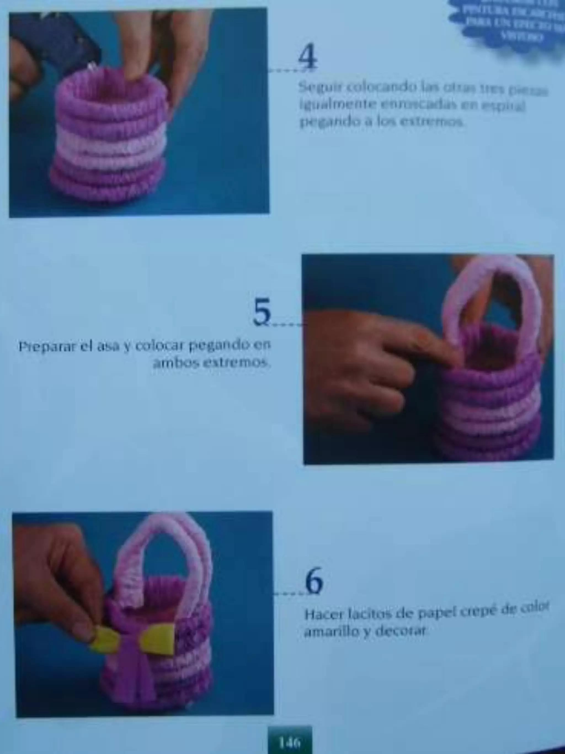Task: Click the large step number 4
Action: click(x=308, y=59)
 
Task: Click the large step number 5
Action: click(x=262, y=311)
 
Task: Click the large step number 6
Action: click(x=314, y=581)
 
